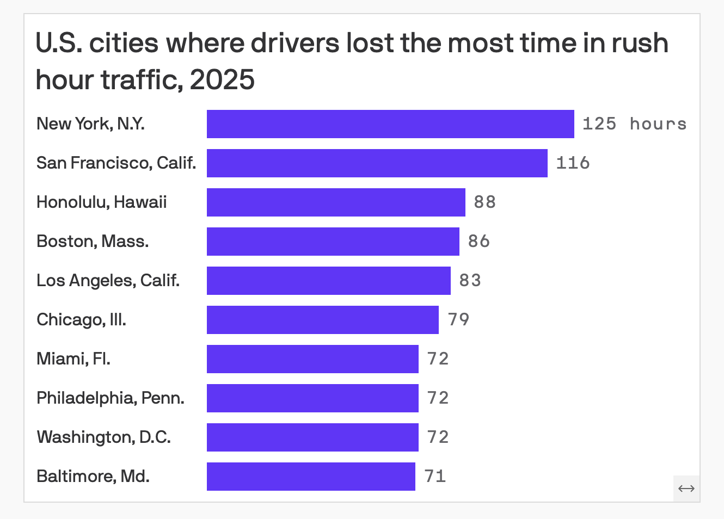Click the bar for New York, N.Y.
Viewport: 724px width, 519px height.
tap(390, 124)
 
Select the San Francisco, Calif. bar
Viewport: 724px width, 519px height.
tap(377, 163)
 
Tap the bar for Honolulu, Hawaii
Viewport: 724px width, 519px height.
tap(336, 202)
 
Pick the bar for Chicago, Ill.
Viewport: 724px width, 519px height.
tap(322, 320)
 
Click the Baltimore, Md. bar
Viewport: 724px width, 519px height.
tap(311, 477)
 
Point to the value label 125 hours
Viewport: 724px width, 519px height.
tap(634, 124)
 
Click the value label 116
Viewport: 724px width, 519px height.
tap(573, 163)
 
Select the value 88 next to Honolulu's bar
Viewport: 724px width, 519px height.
tap(484, 202)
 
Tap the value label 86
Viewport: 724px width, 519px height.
tap(478, 242)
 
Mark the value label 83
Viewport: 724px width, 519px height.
tap(470, 281)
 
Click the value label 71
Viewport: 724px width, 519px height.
tap(435, 477)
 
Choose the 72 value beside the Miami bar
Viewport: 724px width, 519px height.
tap(438, 359)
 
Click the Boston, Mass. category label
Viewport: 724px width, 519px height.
tap(93, 242)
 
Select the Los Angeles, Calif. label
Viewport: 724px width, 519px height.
tap(108, 281)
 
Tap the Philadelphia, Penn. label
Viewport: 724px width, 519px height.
tap(111, 398)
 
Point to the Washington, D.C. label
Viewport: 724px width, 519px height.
tap(103, 437)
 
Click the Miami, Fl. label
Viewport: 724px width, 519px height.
tap(73, 359)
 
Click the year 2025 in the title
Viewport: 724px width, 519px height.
tap(222, 80)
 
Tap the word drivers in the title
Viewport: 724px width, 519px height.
tap(294, 43)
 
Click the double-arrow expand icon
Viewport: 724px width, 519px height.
tap(686, 489)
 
